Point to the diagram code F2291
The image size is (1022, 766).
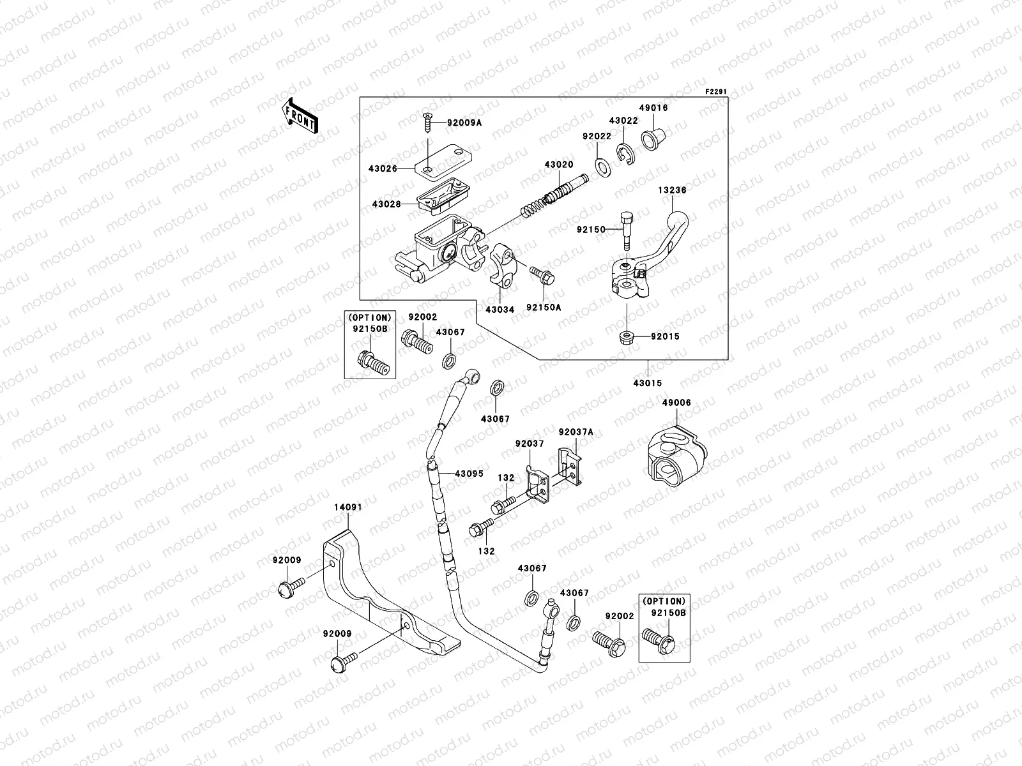pyautogui.click(x=716, y=92)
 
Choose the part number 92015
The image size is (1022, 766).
pyautogui.click(x=666, y=336)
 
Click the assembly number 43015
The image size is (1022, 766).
pyautogui.click(x=648, y=383)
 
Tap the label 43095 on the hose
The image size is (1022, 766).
pyautogui.click(x=469, y=474)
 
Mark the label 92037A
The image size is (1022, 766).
pyautogui.click(x=576, y=432)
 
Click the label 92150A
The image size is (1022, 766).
pyautogui.click(x=544, y=307)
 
